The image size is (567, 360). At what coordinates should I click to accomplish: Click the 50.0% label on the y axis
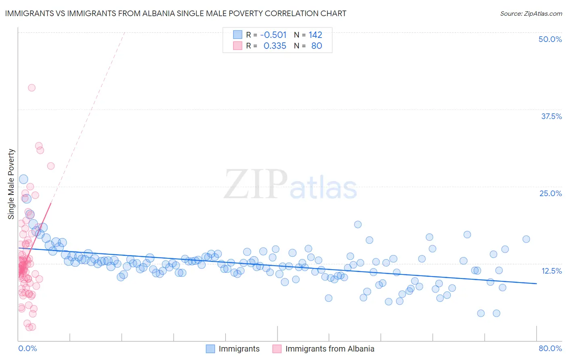(550, 39)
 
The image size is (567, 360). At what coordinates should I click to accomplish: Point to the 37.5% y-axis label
(551, 116)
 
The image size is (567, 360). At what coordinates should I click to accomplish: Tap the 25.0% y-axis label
(550, 193)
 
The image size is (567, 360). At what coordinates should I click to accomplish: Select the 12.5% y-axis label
(551, 271)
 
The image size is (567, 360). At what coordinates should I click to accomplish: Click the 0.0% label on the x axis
(27, 348)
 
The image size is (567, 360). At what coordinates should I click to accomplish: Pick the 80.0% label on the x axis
(550, 348)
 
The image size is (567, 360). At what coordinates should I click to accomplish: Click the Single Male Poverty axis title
(11, 184)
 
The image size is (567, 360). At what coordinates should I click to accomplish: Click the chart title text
(175, 13)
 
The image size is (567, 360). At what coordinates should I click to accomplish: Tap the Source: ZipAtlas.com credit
(531, 14)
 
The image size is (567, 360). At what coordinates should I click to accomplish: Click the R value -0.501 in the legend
(273, 35)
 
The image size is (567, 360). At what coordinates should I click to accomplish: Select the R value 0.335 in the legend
(275, 46)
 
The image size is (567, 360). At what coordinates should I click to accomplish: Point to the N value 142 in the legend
(315, 35)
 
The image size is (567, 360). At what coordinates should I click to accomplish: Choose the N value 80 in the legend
(317, 46)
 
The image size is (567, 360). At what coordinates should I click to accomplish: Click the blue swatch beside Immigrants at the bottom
(210, 349)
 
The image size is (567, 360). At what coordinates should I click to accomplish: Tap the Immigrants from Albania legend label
(329, 349)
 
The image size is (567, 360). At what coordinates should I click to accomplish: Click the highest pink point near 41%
(31, 88)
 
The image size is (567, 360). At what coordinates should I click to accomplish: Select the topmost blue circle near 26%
(23, 179)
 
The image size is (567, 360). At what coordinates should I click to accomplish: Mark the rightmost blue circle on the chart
(526, 239)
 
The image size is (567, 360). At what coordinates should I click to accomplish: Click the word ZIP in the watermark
(255, 184)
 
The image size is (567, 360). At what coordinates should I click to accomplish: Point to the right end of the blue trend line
(536, 284)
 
